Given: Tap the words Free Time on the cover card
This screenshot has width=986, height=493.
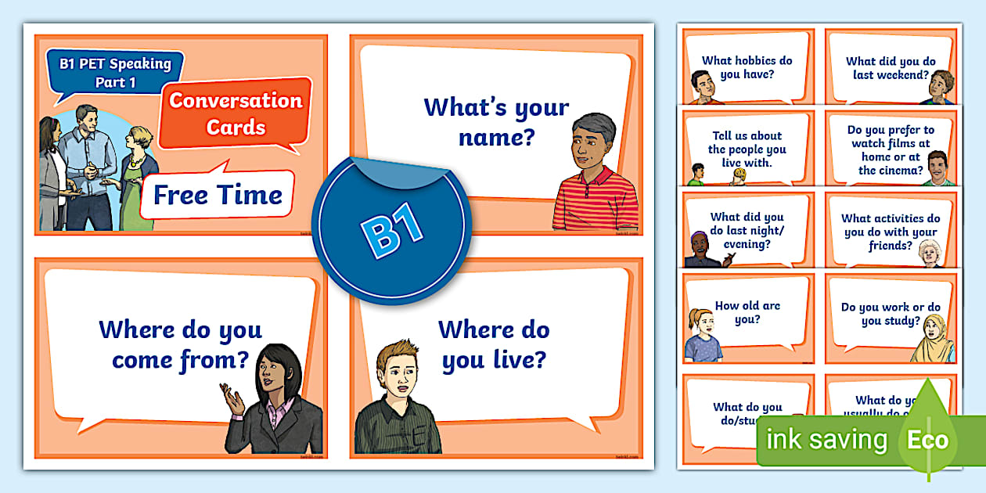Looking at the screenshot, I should (218, 194).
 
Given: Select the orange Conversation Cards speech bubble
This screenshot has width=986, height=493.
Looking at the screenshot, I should (236, 113).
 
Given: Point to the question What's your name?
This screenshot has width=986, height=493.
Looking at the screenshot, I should (496, 122).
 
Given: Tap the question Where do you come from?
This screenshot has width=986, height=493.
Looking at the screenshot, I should (180, 344).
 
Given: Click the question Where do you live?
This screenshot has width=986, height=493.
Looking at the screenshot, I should (493, 344).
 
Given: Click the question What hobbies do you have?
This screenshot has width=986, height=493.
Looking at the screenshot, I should (747, 67).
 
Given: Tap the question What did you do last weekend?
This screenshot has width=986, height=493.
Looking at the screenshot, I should (891, 68).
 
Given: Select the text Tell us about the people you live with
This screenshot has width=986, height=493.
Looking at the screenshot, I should (747, 149).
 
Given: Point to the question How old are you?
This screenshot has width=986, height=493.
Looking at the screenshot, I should (747, 312).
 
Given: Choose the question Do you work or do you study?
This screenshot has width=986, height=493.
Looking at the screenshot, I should (891, 314).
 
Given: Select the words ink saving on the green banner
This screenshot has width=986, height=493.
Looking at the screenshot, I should (826, 440).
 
